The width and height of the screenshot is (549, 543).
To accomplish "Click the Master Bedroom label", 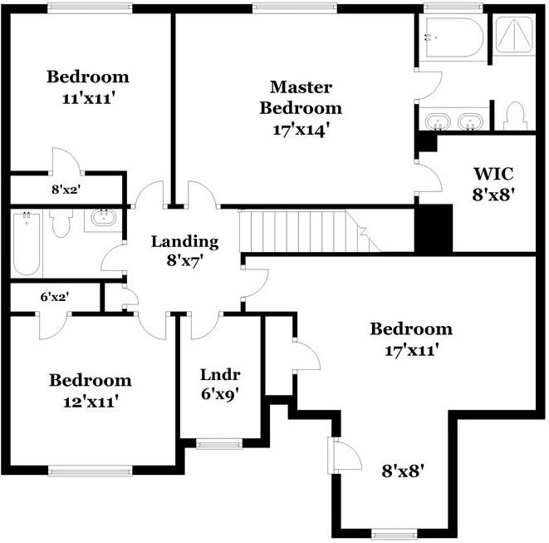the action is pyautogui.click(x=301, y=108).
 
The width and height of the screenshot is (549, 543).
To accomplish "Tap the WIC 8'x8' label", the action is pyautogui.click(x=493, y=185).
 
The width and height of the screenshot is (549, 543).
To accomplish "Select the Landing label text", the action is pyautogui.click(x=185, y=241).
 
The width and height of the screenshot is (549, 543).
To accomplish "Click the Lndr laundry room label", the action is pyautogui.click(x=220, y=375).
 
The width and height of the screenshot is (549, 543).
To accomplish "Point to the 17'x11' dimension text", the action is pyautogui.click(x=412, y=350).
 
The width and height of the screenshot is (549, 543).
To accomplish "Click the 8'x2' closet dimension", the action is pyautogui.click(x=66, y=190).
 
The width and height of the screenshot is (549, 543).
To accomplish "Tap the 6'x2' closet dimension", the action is pyautogui.click(x=54, y=297).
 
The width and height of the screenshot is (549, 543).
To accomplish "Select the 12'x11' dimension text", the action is pyautogui.click(x=90, y=402).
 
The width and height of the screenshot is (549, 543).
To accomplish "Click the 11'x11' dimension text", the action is pyautogui.click(x=89, y=99).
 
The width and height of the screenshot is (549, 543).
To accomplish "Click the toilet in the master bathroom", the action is pyautogui.click(x=515, y=116).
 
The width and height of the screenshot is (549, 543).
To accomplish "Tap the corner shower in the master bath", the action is pyautogui.click(x=514, y=34).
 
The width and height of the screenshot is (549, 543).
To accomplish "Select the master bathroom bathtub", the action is pyautogui.click(x=454, y=37).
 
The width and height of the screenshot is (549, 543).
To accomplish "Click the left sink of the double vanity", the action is pyautogui.click(x=438, y=121).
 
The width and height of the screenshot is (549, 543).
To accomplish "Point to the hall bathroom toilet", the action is pyautogui.click(x=61, y=223).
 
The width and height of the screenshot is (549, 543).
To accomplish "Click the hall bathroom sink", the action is pyautogui.click(x=104, y=217).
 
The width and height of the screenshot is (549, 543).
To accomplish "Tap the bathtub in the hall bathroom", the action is pyautogui.click(x=27, y=244).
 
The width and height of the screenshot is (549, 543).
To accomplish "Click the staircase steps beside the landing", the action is pyautogui.click(x=310, y=231).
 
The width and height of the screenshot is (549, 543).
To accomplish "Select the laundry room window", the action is pyautogui.click(x=219, y=444).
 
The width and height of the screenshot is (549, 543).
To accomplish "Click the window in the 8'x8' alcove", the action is pyautogui.click(x=395, y=535).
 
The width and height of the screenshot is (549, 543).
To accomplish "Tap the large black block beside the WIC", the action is pyautogui.click(x=434, y=228).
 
